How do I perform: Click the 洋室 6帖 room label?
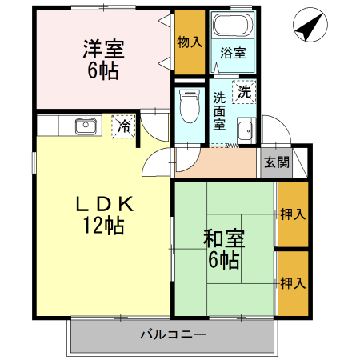(101, 58)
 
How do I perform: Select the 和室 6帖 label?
(224, 248)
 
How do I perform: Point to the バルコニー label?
(173, 334)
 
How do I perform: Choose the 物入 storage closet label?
(189, 42)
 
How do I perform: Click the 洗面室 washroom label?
(219, 111)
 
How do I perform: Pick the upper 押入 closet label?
(293, 214)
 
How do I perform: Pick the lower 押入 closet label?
(293, 282)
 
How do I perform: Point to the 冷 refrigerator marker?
(123, 126)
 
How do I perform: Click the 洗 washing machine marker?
(243, 91)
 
